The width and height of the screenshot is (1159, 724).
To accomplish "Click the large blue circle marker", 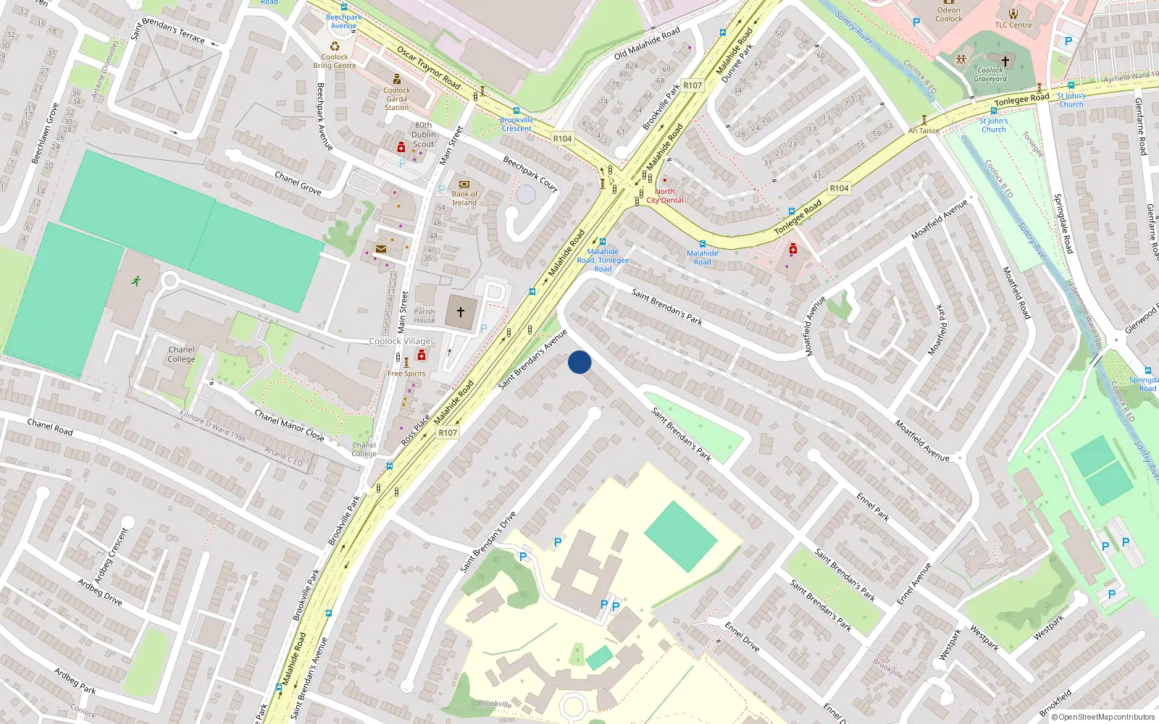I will click(x=579, y=362).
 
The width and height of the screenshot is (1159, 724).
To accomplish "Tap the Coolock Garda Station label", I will click(x=396, y=98).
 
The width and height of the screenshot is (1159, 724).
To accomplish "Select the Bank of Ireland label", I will click(x=464, y=198).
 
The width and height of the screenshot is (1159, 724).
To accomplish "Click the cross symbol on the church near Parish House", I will click(x=460, y=311).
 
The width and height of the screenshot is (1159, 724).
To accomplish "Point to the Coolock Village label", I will click(x=400, y=341).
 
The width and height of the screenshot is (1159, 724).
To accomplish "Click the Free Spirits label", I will click(x=406, y=374).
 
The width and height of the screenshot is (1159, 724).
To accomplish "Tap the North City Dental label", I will click(x=664, y=195).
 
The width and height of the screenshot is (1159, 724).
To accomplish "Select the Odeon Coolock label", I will click(x=948, y=14).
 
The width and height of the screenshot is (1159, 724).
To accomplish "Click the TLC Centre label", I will click(x=1013, y=25).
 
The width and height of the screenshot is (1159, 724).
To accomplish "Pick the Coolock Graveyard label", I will click(x=989, y=75).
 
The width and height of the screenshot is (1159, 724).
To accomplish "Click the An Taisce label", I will click(x=924, y=131).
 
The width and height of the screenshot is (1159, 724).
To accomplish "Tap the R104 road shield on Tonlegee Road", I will click(x=839, y=188).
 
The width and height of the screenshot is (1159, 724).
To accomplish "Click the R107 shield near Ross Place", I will click(x=448, y=433).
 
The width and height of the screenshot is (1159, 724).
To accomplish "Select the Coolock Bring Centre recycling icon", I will click(x=335, y=46).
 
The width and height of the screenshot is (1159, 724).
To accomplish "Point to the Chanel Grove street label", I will click(x=298, y=182).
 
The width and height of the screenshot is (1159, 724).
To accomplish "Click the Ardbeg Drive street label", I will click(x=100, y=591).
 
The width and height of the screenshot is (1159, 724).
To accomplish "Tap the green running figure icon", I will click(x=136, y=281).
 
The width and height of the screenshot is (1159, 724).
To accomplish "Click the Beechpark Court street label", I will click(x=531, y=174).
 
